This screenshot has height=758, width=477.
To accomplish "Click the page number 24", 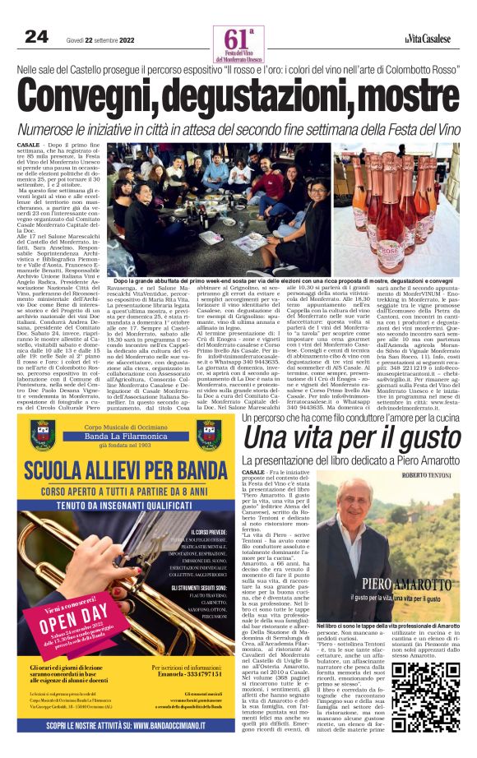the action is (37, 36).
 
